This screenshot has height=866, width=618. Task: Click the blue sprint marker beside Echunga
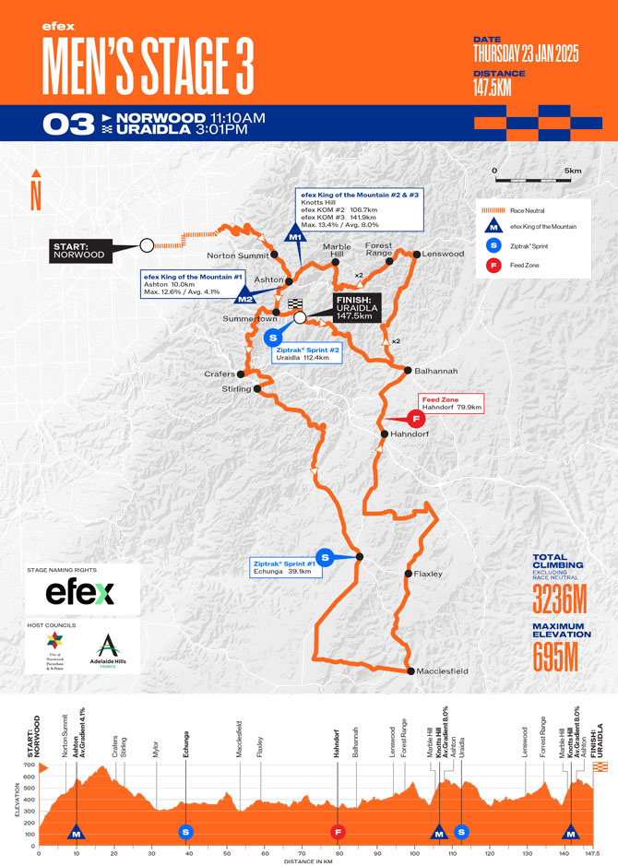(324, 556)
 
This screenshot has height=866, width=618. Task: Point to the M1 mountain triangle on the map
(295, 233)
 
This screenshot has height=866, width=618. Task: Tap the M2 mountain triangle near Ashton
(245, 296)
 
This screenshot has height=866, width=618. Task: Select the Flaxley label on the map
(429, 574)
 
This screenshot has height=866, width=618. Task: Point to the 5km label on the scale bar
(573, 171)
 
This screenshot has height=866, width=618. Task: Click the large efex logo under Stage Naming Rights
(80, 591)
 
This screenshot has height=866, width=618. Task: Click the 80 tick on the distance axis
(339, 853)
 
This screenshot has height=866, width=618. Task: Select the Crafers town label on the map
(220, 374)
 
